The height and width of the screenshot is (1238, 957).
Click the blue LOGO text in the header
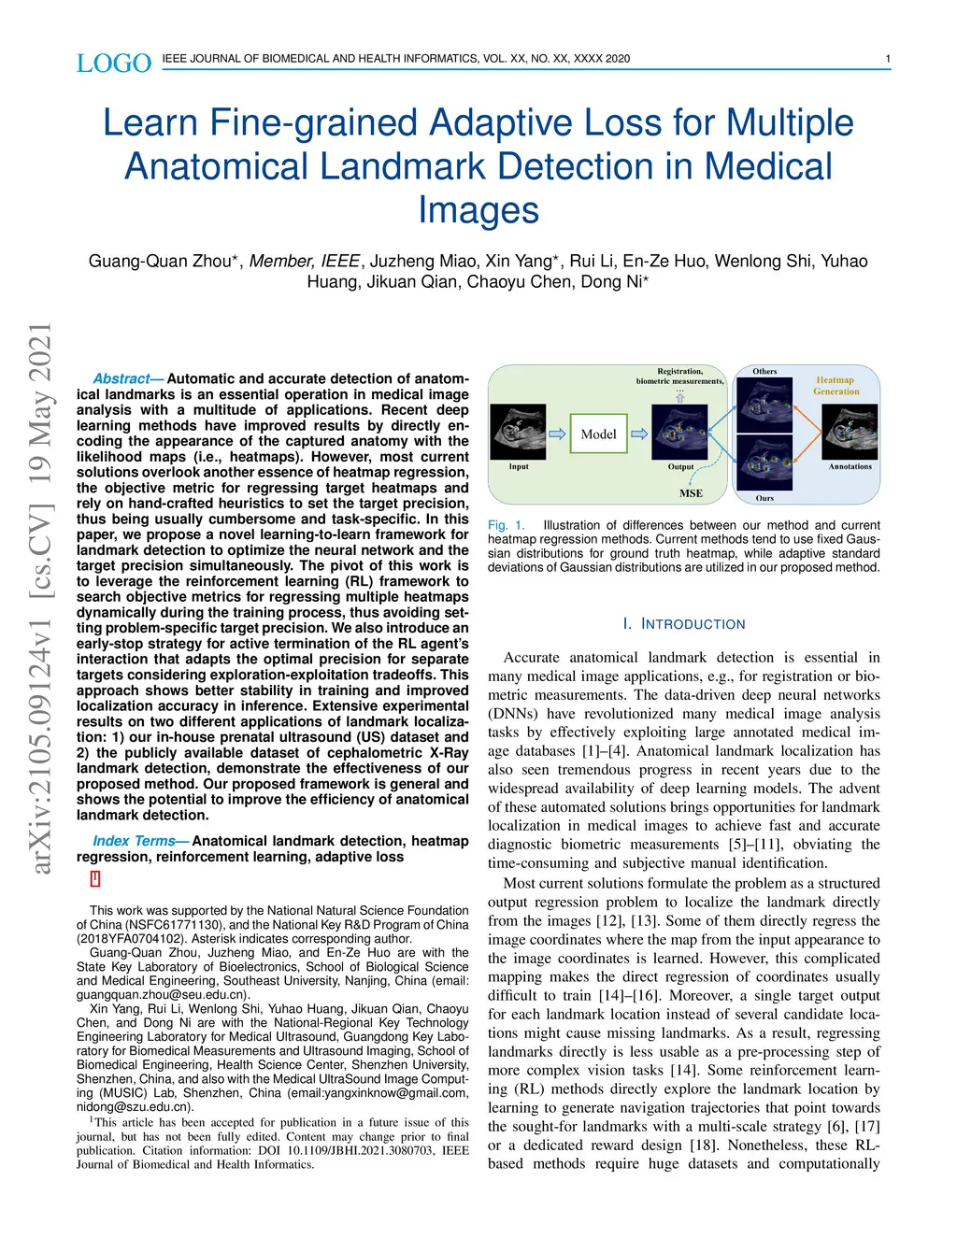point(113,64)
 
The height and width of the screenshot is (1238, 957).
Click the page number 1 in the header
point(887,59)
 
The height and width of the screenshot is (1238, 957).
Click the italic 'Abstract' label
point(121,378)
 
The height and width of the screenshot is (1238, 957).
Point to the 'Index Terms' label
point(134,841)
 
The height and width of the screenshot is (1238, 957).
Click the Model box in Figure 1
point(598,434)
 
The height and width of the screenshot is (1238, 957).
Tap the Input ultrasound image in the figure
point(518,431)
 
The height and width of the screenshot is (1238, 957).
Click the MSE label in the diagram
point(691,493)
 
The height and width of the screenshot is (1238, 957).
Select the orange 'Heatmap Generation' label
point(836,386)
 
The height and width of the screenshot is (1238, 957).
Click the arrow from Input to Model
point(557,434)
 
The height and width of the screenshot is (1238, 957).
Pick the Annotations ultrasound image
point(850,431)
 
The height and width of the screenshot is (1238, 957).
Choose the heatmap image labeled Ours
point(764,464)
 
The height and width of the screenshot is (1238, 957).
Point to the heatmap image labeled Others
point(764,403)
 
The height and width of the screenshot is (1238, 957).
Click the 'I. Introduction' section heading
point(684,624)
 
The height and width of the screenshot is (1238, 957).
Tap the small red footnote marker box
point(95,878)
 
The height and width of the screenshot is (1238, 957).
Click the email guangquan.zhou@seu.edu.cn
point(163,995)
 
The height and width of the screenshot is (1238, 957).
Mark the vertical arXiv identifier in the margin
point(40,598)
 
